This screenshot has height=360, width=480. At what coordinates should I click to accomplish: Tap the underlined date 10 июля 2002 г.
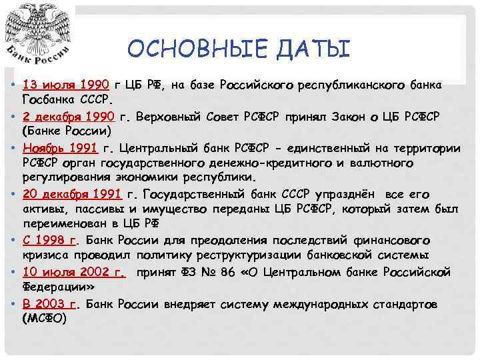click(x=73, y=271)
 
